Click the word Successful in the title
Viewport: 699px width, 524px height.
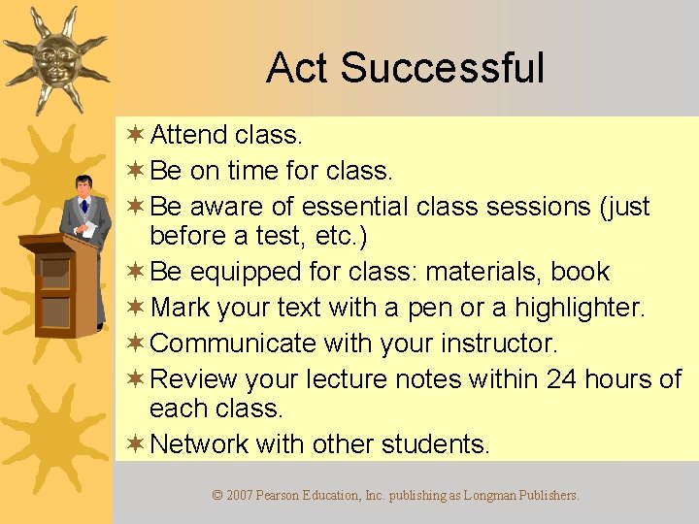click(442, 69)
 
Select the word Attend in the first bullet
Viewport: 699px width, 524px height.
click(188, 135)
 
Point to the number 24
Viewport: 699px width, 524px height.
click(561, 378)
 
